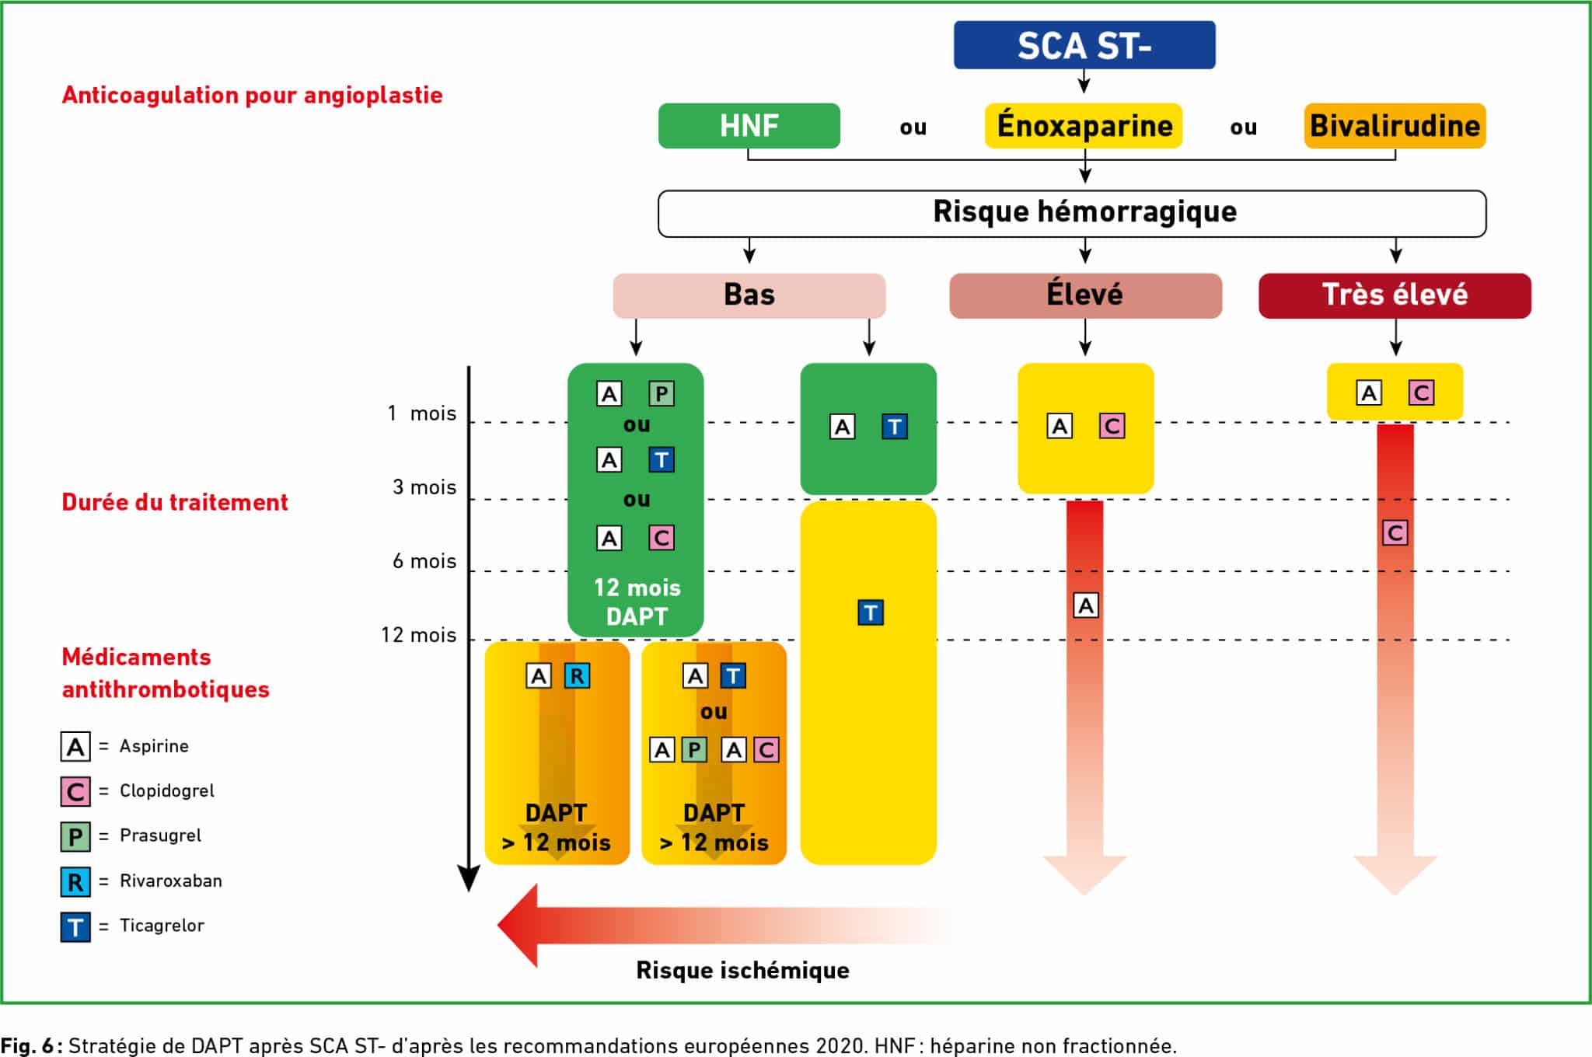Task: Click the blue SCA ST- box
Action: point(1084,45)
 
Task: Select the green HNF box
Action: point(749,126)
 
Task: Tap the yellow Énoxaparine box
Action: point(1084,126)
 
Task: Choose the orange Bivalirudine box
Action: point(1395,126)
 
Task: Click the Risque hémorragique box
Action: point(1072,213)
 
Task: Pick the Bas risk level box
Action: point(749,295)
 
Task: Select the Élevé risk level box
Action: point(1085,295)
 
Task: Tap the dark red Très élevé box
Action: point(1395,295)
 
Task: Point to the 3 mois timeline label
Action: point(424,487)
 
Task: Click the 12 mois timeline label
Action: point(418,635)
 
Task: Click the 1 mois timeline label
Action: point(422,413)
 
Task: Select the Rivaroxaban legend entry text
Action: point(171,881)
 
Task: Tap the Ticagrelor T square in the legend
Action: point(75,926)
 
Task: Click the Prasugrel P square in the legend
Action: point(75,837)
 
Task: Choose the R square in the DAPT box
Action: point(577,676)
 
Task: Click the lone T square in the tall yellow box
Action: point(871,613)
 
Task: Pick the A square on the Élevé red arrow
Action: point(1086,605)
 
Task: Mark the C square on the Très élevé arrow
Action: point(1395,533)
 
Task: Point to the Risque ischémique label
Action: point(742,970)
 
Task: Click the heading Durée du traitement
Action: point(175,502)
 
